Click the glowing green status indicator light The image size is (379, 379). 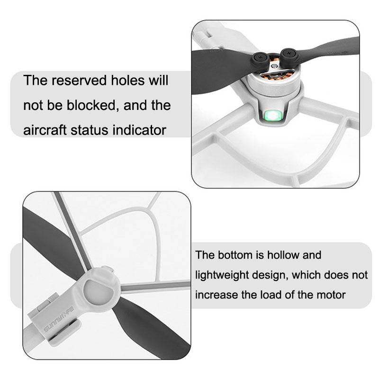[x=272, y=116]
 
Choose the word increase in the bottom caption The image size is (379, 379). [x=215, y=295]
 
